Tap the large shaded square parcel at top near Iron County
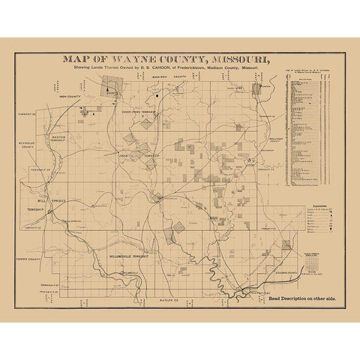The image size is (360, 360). (x=112, y=86)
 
